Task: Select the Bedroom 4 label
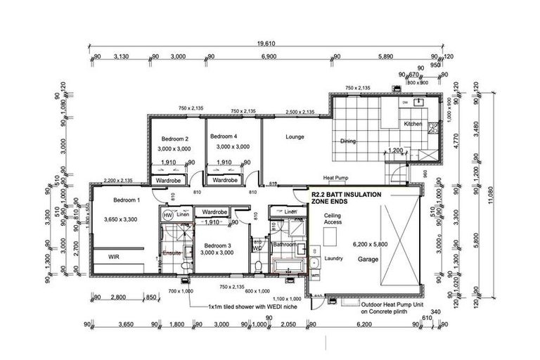tap(224, 136)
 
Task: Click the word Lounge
tap(295, 137)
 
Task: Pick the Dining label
tap(348, 141)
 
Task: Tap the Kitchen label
tap(413, 124)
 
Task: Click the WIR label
tap(114, 257)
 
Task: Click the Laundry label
tap(333, 258)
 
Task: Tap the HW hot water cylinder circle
tap(168, 215)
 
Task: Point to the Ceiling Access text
tap(333, 219)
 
